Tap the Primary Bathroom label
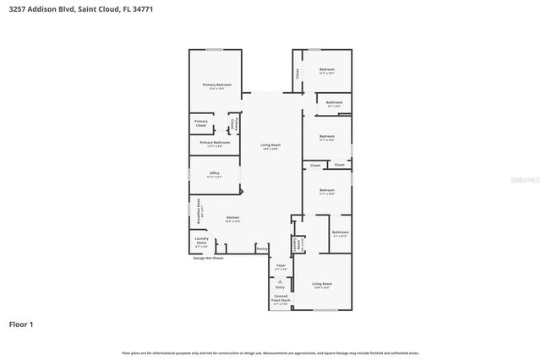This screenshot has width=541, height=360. (x=216, y=144)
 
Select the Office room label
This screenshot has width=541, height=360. (x=215, y=174)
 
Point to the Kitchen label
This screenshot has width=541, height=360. (x=232, y=219)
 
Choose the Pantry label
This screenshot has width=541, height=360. (x=262, y=248)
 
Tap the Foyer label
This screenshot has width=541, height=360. (x=281, y=267)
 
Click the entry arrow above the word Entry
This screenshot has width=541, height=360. (x=281, y=280)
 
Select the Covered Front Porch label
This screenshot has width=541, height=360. (x=281, y=298)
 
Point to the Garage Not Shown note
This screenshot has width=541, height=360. (x=208, y=258)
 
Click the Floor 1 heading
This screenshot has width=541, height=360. (x=21, y=324)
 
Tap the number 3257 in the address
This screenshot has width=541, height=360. (x=17, y=9)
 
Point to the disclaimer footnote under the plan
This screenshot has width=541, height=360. (x=270, y=352)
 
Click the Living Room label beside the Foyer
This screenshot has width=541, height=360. (x=321, y=285)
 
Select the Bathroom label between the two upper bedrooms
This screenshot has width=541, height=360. (x=333, y=105)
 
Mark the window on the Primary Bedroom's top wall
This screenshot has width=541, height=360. (x=216, y=49)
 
